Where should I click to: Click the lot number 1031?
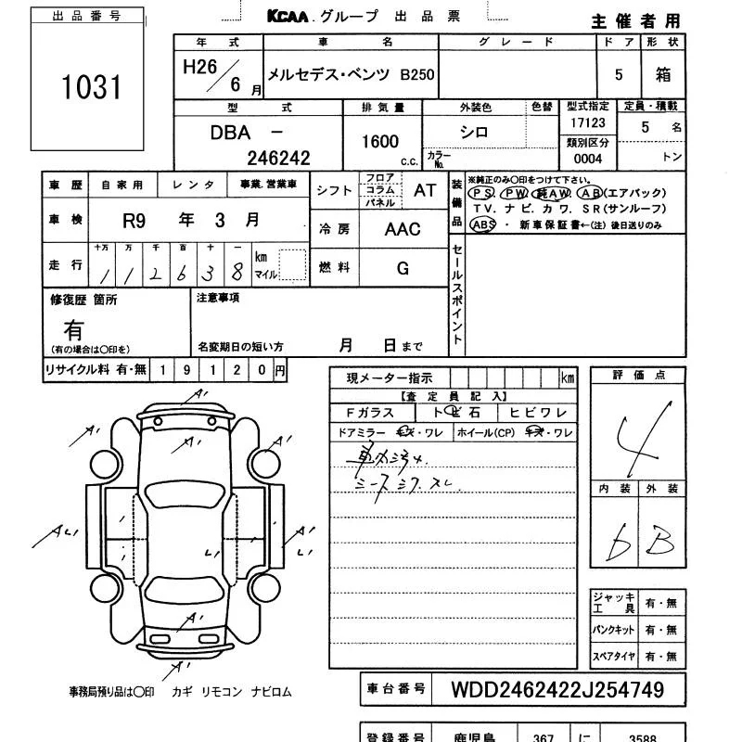point(92,88)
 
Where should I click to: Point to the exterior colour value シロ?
point(474,133)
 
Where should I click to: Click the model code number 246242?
point(277,159)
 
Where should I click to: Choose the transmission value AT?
point(425,190)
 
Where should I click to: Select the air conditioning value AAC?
point(403,230)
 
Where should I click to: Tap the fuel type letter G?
point(403,269)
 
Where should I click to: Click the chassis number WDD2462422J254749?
point(556,690)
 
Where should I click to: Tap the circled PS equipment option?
point(480,193)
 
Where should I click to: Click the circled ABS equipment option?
point(483,224)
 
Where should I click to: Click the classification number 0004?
point(588,159)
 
